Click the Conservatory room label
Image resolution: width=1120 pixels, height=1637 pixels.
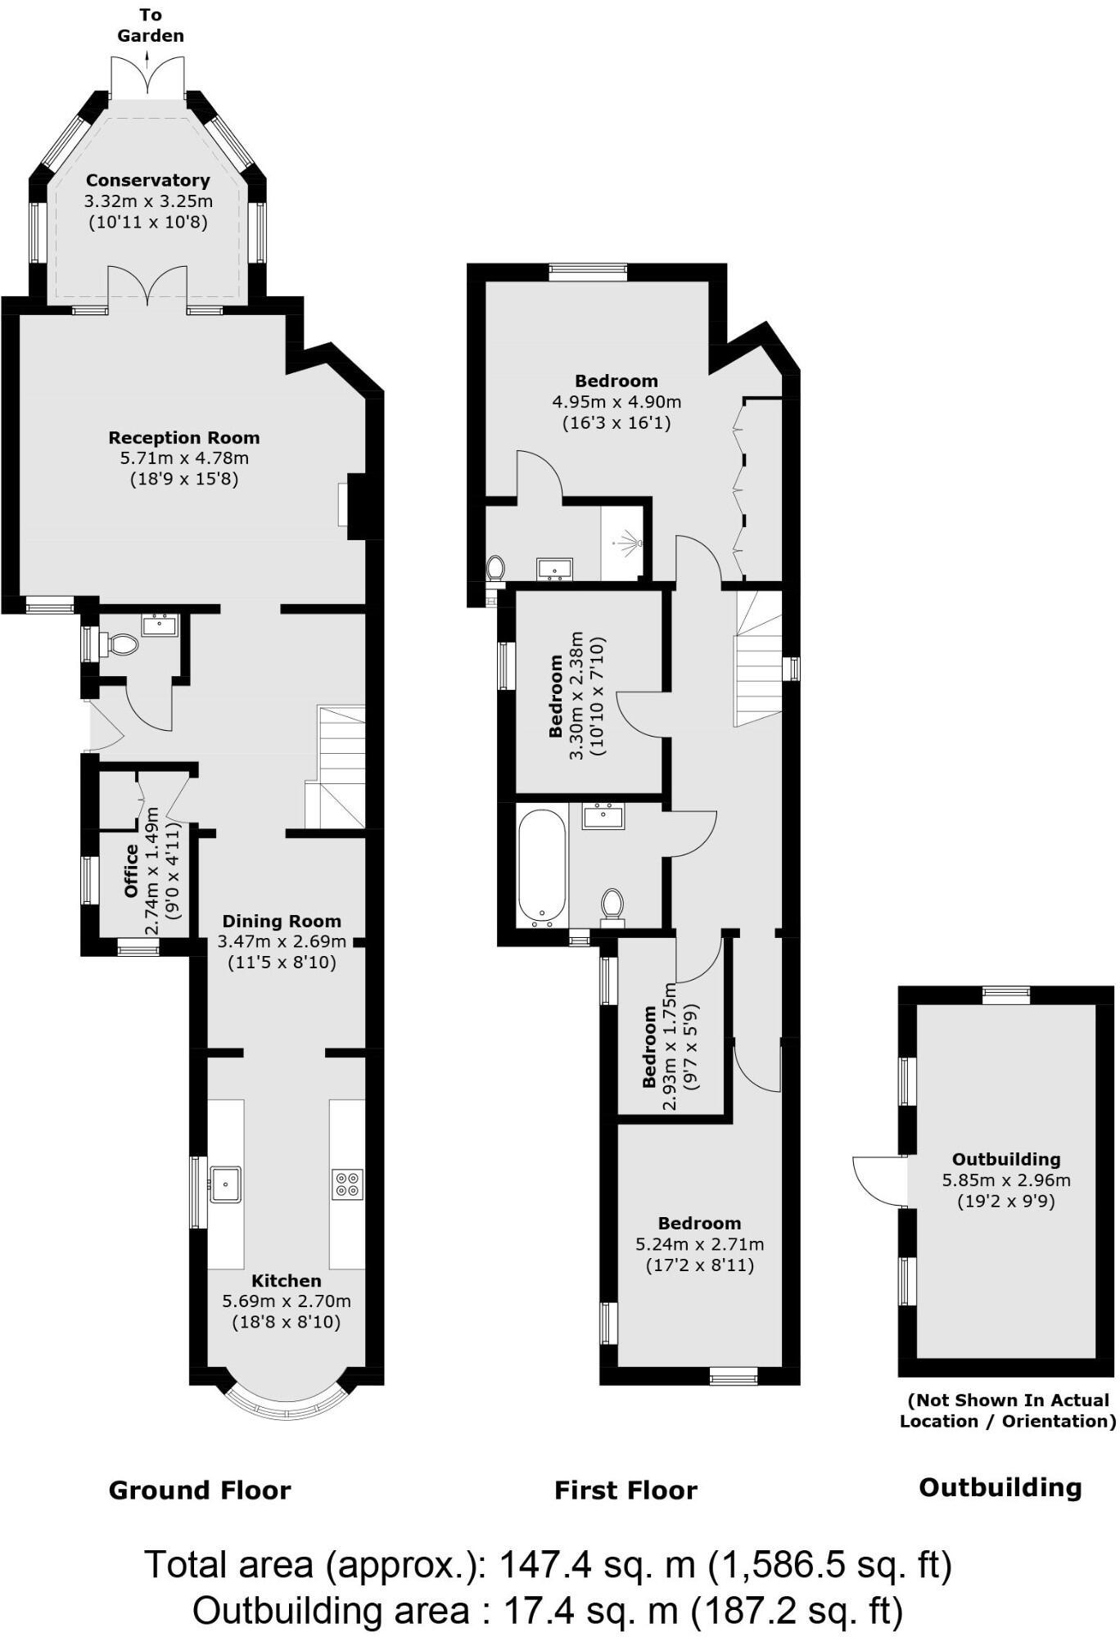coord(147,180)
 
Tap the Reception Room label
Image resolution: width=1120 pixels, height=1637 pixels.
coord(184,438)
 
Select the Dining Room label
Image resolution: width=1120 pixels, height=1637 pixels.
coord(282,921)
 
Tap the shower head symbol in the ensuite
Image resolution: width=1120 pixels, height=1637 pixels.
coord(630,541)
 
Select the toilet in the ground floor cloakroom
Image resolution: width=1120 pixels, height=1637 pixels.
coord(122,644)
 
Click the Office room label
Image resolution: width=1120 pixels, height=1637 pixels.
coord(131,871)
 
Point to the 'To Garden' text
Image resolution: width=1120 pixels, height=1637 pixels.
coord(150,25)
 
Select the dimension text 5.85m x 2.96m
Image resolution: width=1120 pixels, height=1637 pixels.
coord(1006,1180)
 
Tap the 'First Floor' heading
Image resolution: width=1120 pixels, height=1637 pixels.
coord(625,1490)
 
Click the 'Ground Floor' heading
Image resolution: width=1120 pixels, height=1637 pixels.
coord(200,1490)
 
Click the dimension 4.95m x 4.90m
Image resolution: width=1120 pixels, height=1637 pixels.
coord(616,402)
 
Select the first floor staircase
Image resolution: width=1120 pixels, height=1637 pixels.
coord(757,659)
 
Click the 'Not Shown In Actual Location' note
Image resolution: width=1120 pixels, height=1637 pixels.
coord(1008,1410)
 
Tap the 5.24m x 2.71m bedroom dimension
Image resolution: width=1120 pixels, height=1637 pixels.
coord(700,1244)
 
